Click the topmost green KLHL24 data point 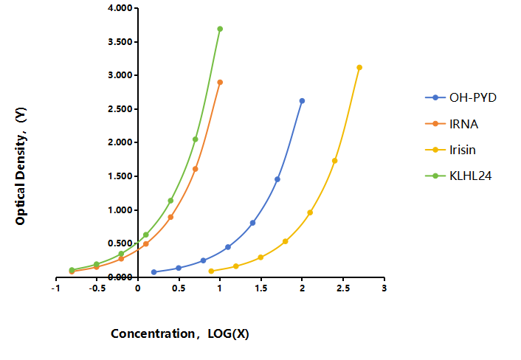[220, 29]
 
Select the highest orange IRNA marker [220, 83]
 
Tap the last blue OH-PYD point [302, 101]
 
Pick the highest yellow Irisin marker [359, 68]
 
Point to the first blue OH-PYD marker [153, 272]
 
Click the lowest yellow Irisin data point [211, 271]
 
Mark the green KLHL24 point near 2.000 [196, 139]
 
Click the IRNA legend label [464, 124]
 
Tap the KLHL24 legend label [471, 176]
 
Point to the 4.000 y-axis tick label [120, 8]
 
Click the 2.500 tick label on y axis [120, 109]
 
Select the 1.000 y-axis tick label [120, 210]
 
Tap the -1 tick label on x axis [56, 288]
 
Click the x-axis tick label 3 [384, 288]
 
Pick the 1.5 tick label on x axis [261, 288]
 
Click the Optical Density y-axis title [21, 166]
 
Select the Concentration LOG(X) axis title [180, 333]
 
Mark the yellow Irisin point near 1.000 [310, 212]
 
